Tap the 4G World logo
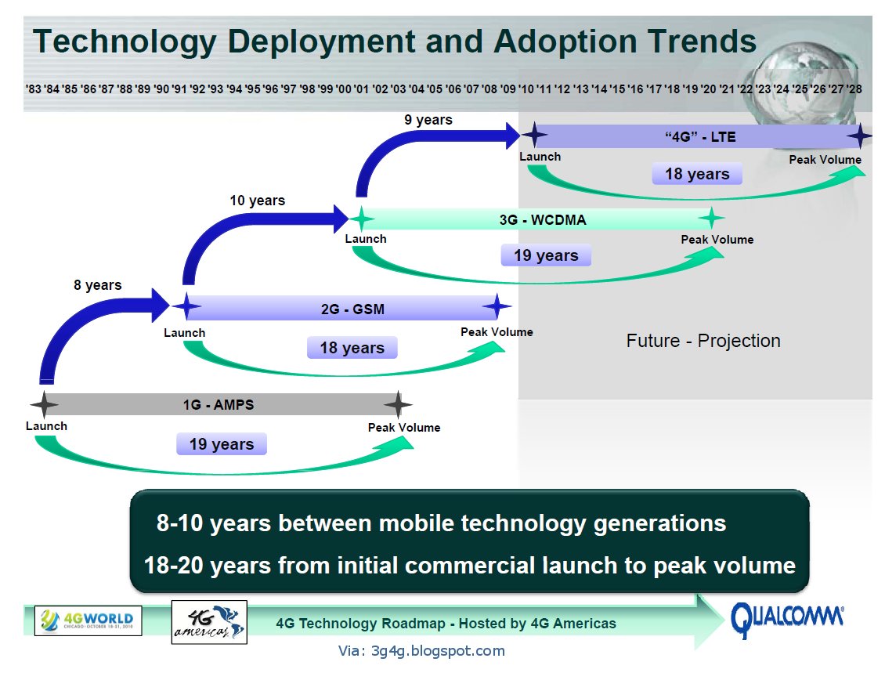[88, 620]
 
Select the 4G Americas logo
[208, 622]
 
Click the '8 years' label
[98, 285]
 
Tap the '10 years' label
[257, 201]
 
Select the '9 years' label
[428, 120]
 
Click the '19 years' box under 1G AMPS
[222, 444]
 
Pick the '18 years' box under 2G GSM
[352, 348]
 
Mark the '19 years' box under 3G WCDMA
[546, 255]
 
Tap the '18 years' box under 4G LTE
[697, 174]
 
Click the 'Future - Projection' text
[703, 341]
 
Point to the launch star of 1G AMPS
[44, 405]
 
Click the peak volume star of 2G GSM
[497, 307]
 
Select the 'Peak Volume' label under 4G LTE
[825, 160]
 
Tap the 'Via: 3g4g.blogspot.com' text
[421, 650]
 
